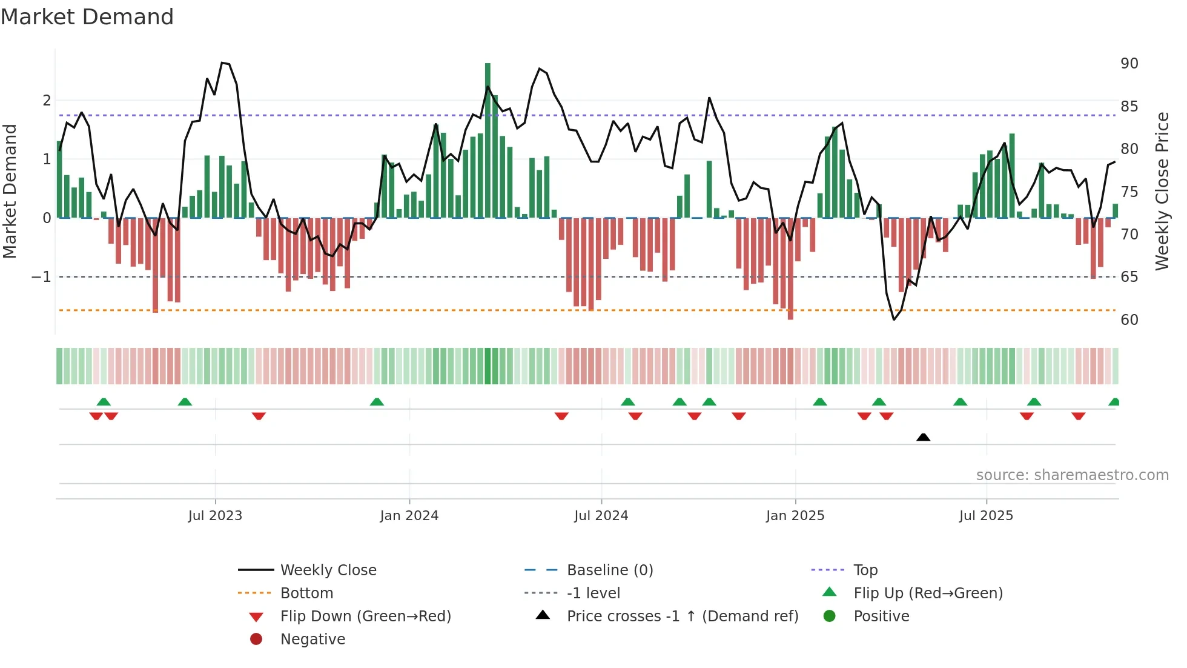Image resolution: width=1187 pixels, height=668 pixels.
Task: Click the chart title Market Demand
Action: click(x=87, y=17)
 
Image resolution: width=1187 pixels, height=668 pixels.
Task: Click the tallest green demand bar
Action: click(x=488, y=139)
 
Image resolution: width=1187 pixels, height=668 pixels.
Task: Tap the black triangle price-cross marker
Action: click(x=923, y=437)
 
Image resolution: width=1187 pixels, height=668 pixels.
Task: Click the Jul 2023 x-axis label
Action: click(x=215, y=516)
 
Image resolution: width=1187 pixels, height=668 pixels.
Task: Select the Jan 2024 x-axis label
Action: click(x=409, y=516)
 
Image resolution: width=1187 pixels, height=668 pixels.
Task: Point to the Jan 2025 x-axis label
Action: click(x=795, y=516)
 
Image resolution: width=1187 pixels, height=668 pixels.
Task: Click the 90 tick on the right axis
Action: click(x=1129, y=64)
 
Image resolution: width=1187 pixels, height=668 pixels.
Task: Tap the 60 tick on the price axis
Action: click(x=1129, y=320)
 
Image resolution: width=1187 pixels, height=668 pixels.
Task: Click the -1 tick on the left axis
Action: click(x=42, y=277)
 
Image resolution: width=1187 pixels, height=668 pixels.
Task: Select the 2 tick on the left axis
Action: click(x=47, y=101)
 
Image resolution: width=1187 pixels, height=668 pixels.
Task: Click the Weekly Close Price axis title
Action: click(x=1162, y=191)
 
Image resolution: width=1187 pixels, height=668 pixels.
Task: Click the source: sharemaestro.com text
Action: click(x=1072, y=475)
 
